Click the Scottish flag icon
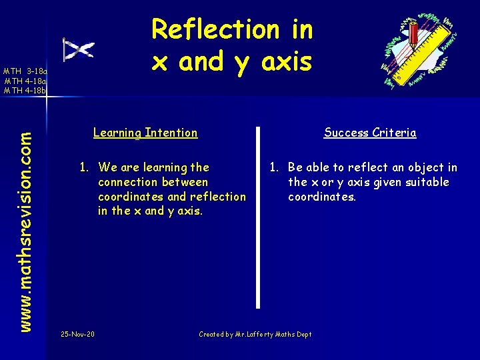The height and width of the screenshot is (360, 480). (x=78, y=50)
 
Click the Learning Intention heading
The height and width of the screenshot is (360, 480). (x=145, y=133)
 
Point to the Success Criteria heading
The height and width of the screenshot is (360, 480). (x=370, y=133)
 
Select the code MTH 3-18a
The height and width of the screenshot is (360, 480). (x=25, y=71)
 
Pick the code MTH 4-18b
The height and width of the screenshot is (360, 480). (x=25, y=90)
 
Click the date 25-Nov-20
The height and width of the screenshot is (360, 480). (x=77, y=334)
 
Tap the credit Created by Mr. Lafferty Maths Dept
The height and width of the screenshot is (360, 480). (x=255, y=334)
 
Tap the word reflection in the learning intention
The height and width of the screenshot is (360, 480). (x=217, y=197)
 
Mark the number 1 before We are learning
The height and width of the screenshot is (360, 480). (x=83, y=167)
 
